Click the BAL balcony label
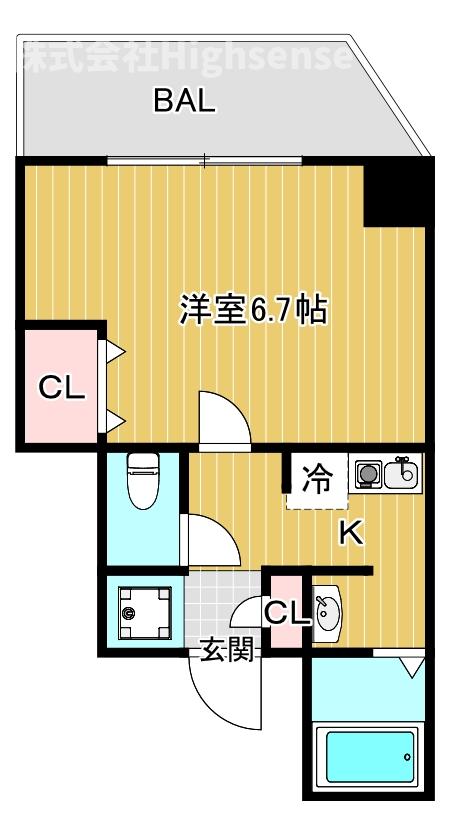pyautogui.click(x=184, y=102)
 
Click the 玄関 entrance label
pyautogui.click(x=228, y=651)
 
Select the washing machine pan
pyautogui.click(x=139, y=609)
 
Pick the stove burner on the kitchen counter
pyautogui.click(x=368, y=474)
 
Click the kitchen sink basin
pyautogui.click(x=404, y=473)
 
